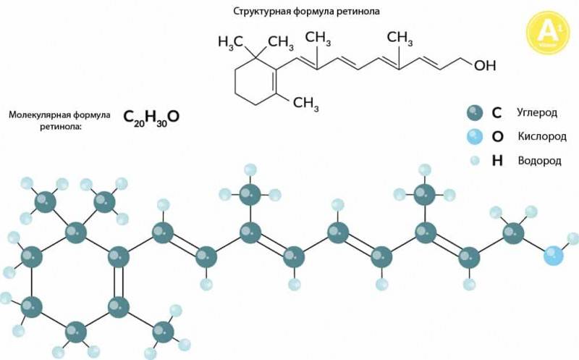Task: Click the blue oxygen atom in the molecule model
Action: pos(554,256)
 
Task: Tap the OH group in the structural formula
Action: pos(485,65)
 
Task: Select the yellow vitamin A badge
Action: pos(548,33)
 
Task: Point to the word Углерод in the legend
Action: pos(537,113)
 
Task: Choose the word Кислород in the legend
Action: pos(541,136)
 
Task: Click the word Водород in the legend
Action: pos(539,161)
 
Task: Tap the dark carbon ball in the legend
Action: pos(475,113)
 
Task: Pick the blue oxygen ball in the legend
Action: pos(475,137)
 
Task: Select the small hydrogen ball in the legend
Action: pos(475,160)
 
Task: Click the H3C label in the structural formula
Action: pos(230,42)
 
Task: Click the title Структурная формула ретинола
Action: pos(306,12)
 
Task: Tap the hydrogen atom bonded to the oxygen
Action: pos(573,239)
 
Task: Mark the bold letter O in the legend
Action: pos(497,137)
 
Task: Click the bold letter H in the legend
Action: pos(497,160)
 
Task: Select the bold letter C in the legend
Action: pos(496,113)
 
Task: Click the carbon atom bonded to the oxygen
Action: pos(513,233)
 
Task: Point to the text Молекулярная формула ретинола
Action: pos(59,120)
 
